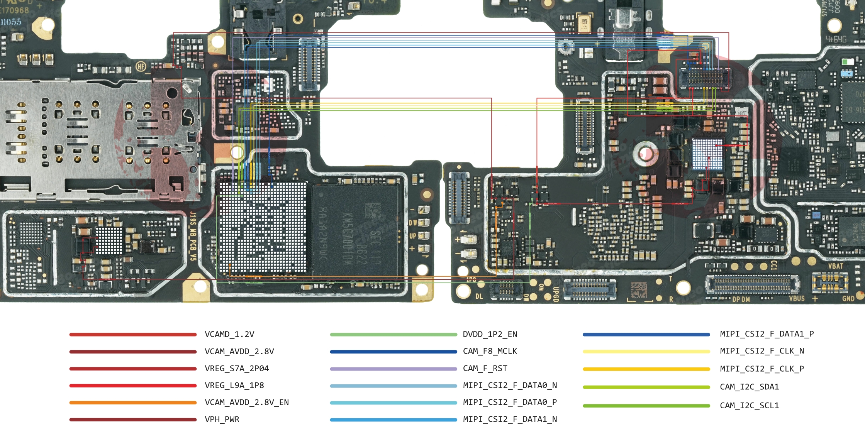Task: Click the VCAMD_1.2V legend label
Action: (229, 334)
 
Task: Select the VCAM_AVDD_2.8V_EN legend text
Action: (247, 402)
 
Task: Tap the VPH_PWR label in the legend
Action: (222, 419)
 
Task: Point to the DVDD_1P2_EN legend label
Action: (490, 334)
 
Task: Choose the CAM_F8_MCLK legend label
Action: (490, 351)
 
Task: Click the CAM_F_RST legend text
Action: (485, 369)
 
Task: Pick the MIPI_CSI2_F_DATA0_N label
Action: (510, 386)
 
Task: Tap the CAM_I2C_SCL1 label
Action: (749, 406)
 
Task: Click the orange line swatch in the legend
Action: (133, 402)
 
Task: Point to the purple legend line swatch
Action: (393, 369)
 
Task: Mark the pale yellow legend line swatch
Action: (646, 352)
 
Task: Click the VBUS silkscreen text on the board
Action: (797, 299)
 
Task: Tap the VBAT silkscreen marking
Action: (836, 266)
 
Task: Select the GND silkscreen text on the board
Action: (848, 299)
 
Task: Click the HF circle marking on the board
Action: (141, 67)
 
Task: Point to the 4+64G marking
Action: (836, 39)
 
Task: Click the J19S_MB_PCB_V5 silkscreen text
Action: (193, 235)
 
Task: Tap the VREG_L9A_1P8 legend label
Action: (234, 386)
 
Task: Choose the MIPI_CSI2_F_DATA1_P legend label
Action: (767, 334)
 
